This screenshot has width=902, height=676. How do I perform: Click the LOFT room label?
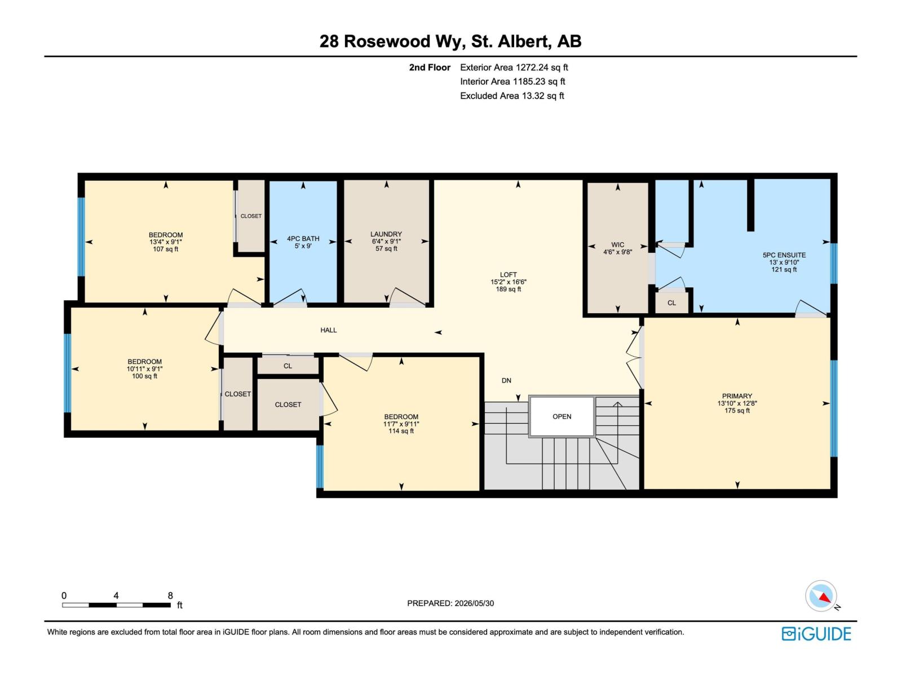point(509,274)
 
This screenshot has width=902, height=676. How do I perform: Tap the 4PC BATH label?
point(303,238)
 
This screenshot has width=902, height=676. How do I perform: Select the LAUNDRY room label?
point(386,234)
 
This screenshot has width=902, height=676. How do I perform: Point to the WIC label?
point(617,244)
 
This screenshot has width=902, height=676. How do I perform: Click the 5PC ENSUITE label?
point(784,255)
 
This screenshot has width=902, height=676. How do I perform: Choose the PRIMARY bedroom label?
point(737,396)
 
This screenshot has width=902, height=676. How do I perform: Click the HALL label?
point(328,330)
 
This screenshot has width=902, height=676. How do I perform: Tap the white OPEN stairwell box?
point(561,417)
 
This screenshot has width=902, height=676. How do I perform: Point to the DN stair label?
point(506,380)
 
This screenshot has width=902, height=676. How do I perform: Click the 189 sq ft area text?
point(509,289)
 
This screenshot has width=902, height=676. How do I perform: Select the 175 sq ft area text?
point(737,411)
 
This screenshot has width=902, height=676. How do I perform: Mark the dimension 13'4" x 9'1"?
point(166,242)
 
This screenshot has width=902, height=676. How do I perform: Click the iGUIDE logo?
point(816,634)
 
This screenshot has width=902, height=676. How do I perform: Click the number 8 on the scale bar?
point(170,595)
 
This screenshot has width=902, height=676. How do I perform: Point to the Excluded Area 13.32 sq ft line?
point(512,96)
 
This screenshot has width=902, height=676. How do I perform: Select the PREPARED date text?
point(450,603)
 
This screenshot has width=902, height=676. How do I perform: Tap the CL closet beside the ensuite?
point(671,303)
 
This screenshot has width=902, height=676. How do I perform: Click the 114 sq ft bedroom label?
point(401,431)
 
